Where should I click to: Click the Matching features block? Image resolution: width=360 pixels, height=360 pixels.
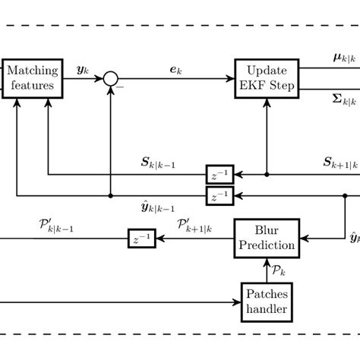pos(32,78)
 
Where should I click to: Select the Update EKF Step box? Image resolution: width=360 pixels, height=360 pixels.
pos(267,78)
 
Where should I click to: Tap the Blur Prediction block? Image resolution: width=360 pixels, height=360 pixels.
pos(266,238)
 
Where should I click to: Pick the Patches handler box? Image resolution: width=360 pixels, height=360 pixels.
pos(266,302)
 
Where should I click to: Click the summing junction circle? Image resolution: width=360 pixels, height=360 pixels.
pos(112,78)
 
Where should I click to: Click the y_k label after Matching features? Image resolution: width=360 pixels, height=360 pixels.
pos(82,69)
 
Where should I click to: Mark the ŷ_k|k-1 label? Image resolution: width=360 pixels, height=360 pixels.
pos(159,207)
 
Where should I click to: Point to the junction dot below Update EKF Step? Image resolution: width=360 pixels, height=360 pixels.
pos(267,175)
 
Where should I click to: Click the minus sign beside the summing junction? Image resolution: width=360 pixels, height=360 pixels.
pos(120,88)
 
